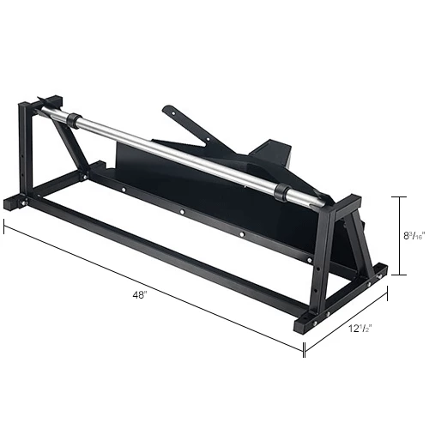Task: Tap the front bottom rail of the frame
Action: click(163, 267)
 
